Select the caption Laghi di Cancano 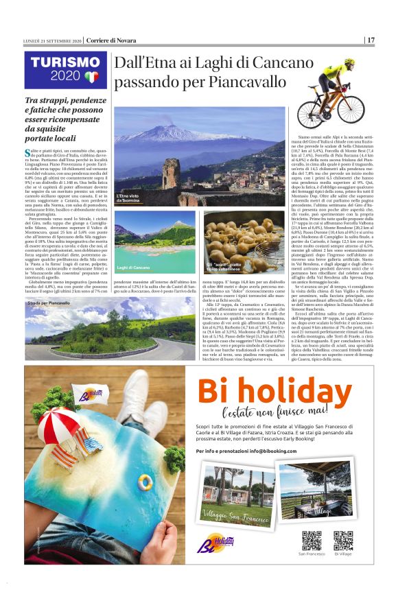pos(133,267)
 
